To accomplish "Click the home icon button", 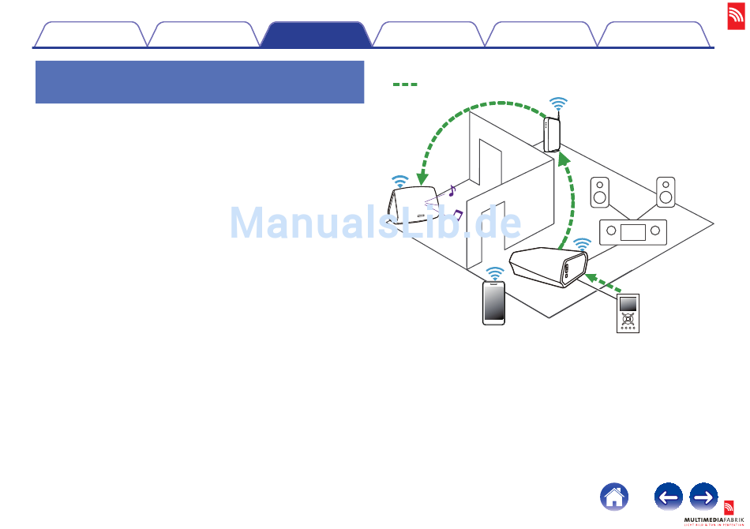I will point(615,497).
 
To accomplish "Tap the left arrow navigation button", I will point(669,497).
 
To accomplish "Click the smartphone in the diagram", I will point(495,303).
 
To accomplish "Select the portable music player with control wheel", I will point(628,314).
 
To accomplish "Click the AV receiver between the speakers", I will point(633,232).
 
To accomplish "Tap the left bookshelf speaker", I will point(600,192).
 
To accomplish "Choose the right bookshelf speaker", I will point(666,191).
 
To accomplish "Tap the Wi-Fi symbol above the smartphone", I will point(495,273).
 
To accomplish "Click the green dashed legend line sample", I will point(404,84).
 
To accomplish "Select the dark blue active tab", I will point(316,36).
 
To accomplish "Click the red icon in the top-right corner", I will point(737,13).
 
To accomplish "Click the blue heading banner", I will point(200,82).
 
